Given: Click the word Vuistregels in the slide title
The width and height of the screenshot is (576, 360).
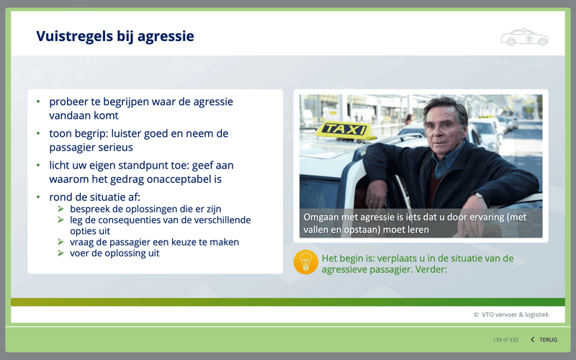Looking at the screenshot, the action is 75,36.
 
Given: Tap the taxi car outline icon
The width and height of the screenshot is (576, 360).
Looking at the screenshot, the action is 525,37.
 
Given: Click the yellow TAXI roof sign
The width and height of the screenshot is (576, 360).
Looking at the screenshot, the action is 346,130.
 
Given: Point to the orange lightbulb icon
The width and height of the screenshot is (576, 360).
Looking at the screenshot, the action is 305,262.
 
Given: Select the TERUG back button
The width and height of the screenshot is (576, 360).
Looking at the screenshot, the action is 544,340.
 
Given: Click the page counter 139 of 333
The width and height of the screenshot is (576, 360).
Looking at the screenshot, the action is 505,340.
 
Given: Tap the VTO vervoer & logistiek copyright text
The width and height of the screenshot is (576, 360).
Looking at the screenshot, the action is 511,315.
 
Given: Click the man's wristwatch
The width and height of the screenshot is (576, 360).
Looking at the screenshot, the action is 478,196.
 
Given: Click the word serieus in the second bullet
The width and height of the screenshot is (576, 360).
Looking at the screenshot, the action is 114,148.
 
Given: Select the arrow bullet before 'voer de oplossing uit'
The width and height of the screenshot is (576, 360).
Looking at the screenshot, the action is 60,253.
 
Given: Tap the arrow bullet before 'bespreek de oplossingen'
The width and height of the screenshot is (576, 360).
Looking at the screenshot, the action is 60,209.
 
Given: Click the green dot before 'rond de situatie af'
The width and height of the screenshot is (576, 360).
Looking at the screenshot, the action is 38,197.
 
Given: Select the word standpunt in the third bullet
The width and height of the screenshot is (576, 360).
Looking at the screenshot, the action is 143,166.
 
